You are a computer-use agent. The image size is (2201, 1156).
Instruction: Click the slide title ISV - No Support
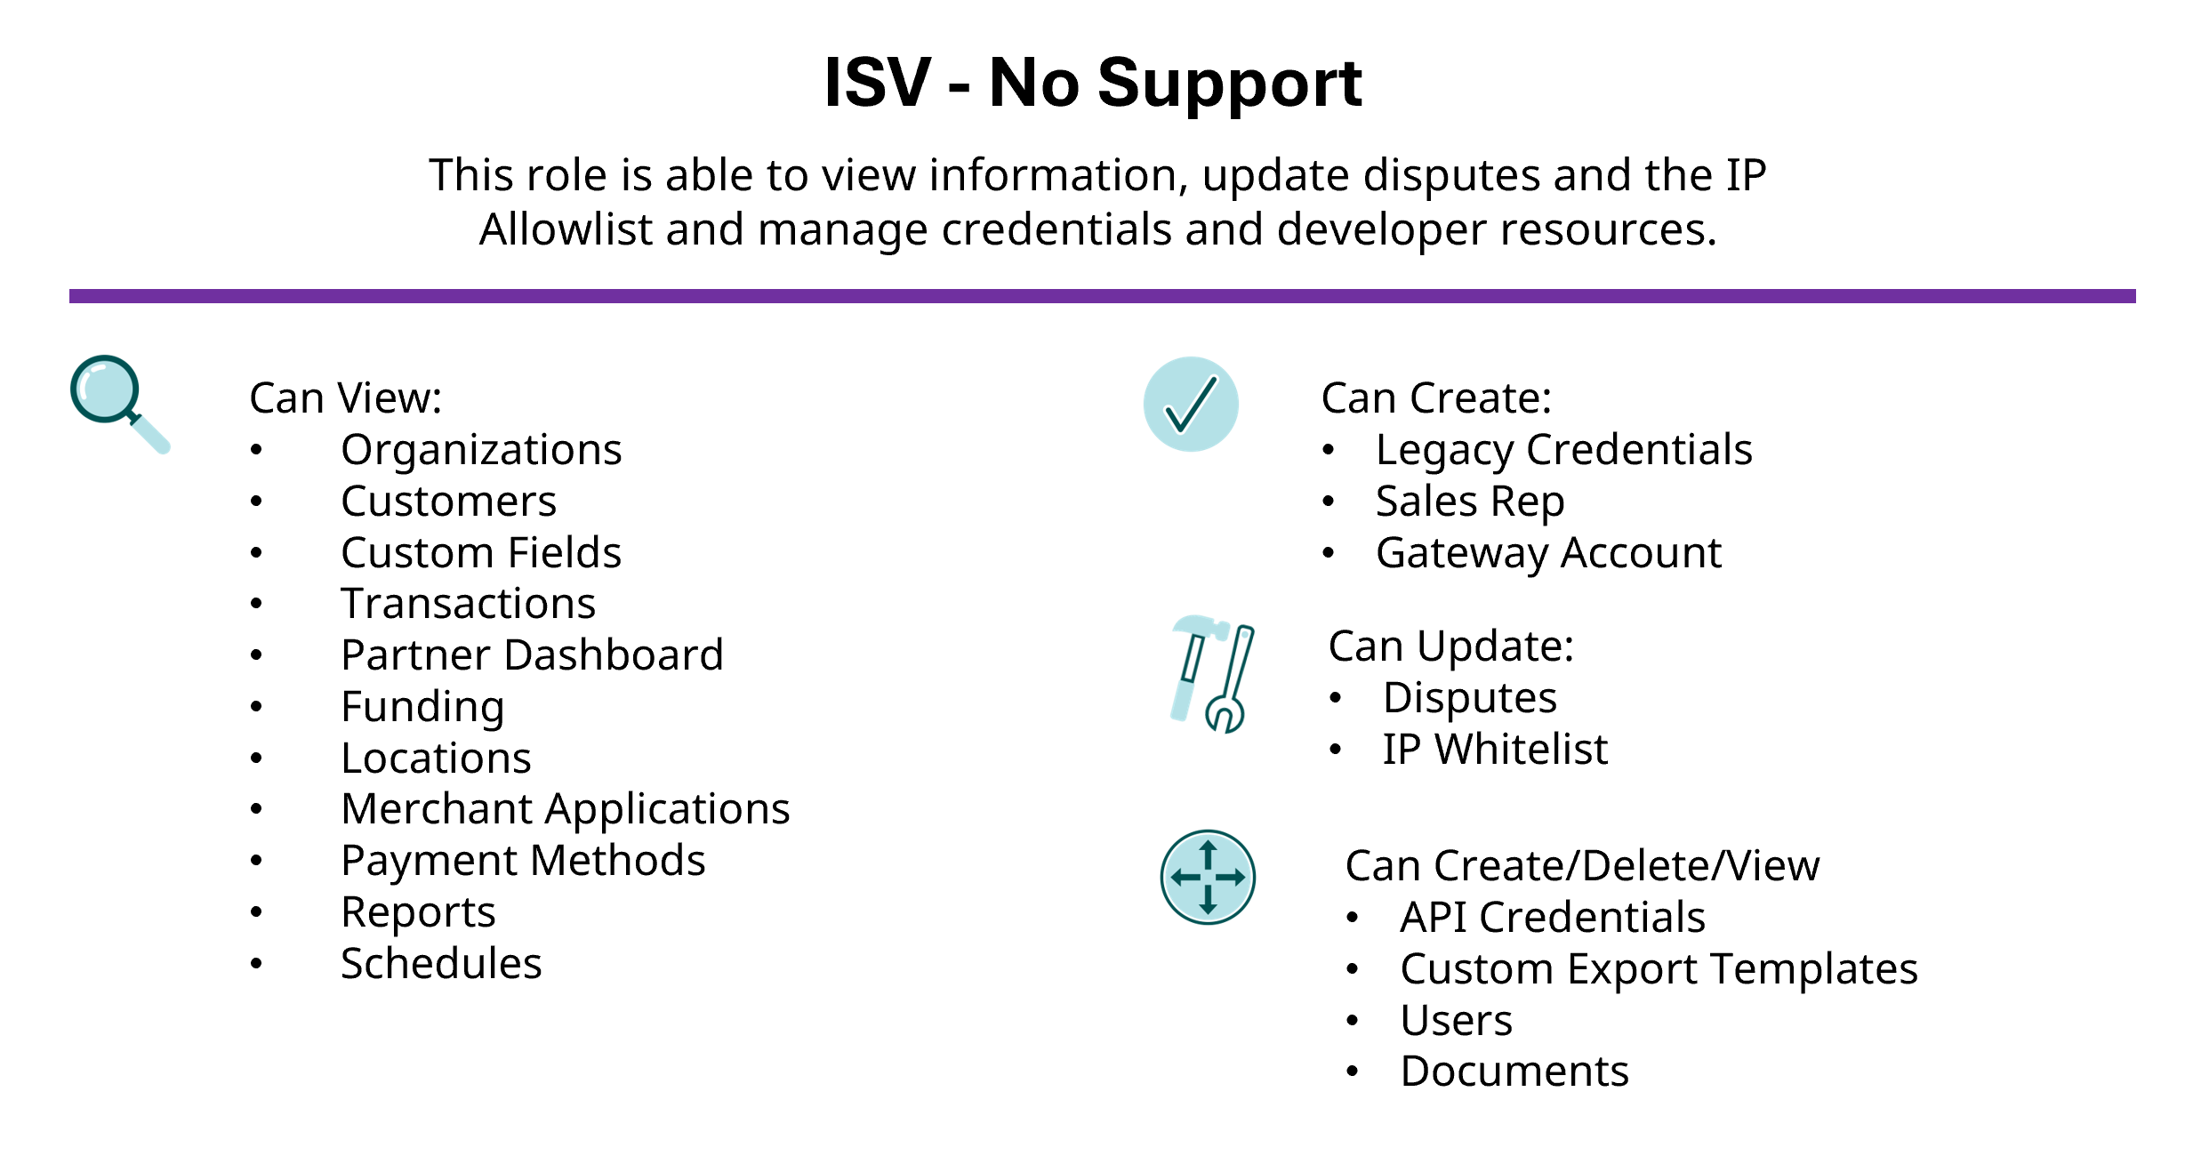click(x=1093, y=83)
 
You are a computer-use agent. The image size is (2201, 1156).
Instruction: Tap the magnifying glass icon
click(x=117, y=402)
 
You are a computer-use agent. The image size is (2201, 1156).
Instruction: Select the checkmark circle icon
click(x=1190, y=405)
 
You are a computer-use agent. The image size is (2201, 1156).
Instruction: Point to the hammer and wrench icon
click(x=1211, y=673)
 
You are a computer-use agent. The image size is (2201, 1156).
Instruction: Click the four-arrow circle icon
click(x=1208, y=877)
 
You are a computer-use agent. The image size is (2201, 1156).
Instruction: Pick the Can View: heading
click(x=345, y=397)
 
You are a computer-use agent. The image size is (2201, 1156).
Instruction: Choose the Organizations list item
click(x=481, y=449)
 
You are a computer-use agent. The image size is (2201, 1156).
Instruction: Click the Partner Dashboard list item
click(x=532, y=654)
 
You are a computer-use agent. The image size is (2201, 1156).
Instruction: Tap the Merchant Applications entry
click(x=566, y=808)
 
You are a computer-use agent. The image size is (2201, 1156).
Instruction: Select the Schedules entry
click(x=441, y=963)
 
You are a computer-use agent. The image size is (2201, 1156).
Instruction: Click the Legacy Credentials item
click(x=1563, y=449)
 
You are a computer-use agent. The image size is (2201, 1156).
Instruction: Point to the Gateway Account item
click(x=1548, y=552)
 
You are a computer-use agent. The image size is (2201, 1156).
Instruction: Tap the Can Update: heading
click(x=1450, y=646)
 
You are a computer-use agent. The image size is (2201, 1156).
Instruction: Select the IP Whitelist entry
click(x=1495, y=749)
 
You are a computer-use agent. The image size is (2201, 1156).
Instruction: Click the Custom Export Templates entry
click(x=1659, y=968)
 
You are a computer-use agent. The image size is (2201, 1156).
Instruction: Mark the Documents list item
click(x=1514, y=1071)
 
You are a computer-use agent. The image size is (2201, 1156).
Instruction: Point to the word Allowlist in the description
click(x=566, y=229)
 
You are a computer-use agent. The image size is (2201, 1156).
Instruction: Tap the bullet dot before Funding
click(x=256, y=707)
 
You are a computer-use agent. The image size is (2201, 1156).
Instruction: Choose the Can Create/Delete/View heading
click(x=1582, y=865)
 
